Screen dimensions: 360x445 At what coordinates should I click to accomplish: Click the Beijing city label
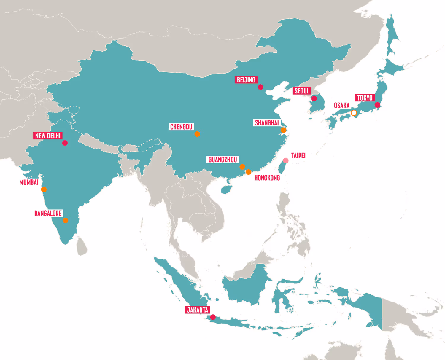pos(246,80)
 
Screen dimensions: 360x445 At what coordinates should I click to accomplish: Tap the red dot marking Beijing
pos(260,87)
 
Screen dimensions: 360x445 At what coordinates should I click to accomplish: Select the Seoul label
pos(302,91)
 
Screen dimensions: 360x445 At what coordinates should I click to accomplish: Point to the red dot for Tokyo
pos(377,105)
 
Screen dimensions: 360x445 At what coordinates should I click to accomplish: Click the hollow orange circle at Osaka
pos(354,113)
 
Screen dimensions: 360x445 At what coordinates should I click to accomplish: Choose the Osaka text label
pos(342,106)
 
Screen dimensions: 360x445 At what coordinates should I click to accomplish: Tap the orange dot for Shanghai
pos(284,130)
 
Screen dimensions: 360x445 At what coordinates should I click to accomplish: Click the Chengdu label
pos(181,127)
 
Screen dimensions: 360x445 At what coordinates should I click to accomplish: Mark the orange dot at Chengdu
pos(197,134)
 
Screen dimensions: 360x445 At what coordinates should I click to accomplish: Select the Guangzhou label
pos(223,160)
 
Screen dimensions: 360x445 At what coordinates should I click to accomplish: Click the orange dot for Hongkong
pos(249,172)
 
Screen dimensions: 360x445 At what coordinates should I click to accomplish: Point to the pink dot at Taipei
pos(286,160)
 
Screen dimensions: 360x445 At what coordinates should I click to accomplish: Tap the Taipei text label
pos(298,155)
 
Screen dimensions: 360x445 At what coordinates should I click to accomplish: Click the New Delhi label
pos(48,136)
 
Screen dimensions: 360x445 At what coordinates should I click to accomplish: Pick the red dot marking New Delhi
pos(65,143)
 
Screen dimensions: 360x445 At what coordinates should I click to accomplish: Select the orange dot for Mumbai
pos(44,189)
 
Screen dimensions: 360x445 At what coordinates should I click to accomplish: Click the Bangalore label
pos(48,213)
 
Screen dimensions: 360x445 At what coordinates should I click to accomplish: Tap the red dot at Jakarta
pos(213,317)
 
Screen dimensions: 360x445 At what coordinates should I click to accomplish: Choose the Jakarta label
pos(198,310)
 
